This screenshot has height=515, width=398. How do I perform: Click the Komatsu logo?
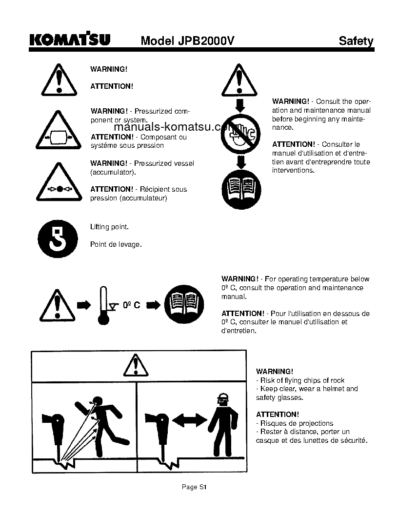[69, 40]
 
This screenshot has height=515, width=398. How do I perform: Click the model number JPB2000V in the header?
[187, 41]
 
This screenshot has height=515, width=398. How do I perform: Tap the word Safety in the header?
[356, 41]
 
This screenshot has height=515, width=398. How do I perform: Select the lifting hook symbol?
[58, 238]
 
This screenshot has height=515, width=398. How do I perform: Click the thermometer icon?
[103, 305]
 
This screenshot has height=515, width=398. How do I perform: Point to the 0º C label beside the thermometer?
[131, 305]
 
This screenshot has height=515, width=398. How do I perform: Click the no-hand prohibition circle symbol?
[240, 133]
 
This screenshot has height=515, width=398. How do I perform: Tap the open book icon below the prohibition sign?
[241, 189]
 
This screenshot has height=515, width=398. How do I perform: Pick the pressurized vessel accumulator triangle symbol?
[58, 183]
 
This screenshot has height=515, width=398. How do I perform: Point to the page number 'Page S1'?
[195, 487]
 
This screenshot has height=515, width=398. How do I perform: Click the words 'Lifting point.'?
[110, 227]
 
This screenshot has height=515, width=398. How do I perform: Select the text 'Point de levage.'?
[116, 244]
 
